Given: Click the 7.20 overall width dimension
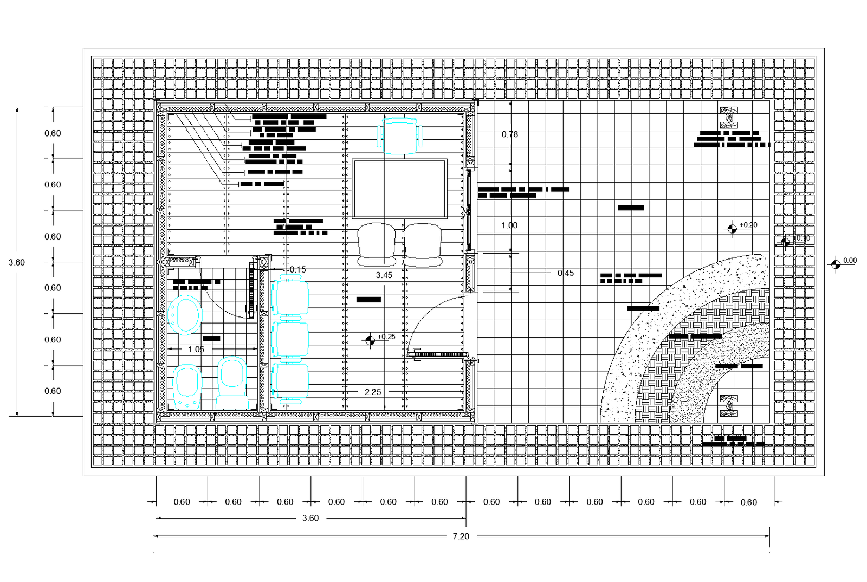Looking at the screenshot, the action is click(x=461, y=536).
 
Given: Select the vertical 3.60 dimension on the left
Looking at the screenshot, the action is click(x=17, y=262).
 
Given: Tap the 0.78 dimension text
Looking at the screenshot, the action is click(x=509, y=134).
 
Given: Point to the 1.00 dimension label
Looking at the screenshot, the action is click(x=509, y=225).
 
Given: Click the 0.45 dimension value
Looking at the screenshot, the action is click(x=565, y=273).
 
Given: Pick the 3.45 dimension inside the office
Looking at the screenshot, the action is click(x=384, y=275).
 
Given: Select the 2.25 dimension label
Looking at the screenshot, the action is click(x=373, y=392).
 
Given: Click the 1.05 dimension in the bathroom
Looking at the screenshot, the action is click(x=196, y=350).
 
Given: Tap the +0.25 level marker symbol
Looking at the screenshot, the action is click(x=370, y=340).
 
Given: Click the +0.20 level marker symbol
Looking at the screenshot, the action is click(x=732, y=229).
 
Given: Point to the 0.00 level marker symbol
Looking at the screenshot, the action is click(x=836, y=264).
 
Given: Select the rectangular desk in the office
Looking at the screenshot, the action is click(x=399, y=188).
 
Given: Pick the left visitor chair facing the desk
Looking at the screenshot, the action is click(x=376, y=244).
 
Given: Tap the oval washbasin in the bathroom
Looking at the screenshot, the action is click(x=185, y=315).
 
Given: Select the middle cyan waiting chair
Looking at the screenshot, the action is click(x=290, y=340).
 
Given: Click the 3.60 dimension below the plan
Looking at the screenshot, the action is click(x=310, y=518).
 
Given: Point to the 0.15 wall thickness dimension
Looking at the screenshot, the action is click(x=297, y=269).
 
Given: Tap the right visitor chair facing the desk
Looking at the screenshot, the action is click(x=423, y=244).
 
